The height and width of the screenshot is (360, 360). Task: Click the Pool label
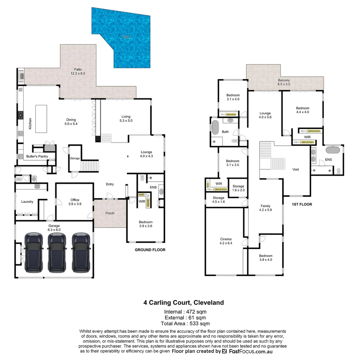(x=126, y=37)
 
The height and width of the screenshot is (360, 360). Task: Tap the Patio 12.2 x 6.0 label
(x=78, y=71)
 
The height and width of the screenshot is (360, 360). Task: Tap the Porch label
(x=110, y=213)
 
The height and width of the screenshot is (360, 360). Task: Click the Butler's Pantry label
(x=37, y=156)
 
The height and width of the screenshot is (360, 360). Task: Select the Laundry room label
(x=27, y=202)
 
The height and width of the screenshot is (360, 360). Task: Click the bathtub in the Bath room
(x=215, y=127)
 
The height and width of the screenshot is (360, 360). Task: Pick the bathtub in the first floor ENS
(x=333, y=149)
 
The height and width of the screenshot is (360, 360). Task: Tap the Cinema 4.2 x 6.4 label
(x=226, y=241)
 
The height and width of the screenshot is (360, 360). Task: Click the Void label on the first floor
(x=295, y=169)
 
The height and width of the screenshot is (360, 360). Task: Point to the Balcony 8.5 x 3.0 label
(x=284, y=82)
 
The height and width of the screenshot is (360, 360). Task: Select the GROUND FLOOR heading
(x=150, y=250)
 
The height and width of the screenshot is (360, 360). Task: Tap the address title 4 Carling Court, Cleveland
(x=184, y=303)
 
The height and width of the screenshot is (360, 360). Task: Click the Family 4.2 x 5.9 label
(x=266, y=208)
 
